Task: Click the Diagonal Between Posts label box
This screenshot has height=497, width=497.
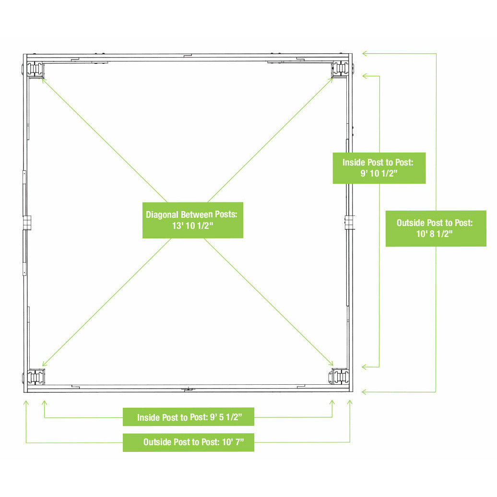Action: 193,220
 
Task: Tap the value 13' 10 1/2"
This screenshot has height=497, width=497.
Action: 193,225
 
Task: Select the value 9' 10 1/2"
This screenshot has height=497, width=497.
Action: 379,173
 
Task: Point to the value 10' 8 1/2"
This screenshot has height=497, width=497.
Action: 435,234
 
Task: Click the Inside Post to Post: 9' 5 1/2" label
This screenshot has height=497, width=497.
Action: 189,417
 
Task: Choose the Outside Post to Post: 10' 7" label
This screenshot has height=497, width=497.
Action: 194,442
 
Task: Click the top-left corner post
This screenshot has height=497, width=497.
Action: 35,70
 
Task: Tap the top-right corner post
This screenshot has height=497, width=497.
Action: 340,69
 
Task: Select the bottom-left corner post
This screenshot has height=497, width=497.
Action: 36,377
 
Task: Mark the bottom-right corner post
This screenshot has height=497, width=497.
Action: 340,376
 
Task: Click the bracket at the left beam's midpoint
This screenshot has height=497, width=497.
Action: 27,223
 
